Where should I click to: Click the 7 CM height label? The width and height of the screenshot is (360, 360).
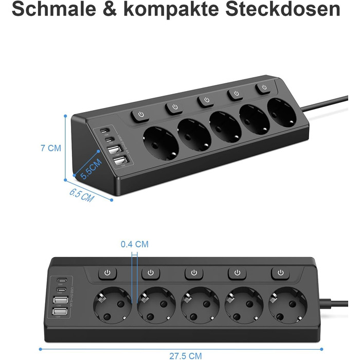point(50,148)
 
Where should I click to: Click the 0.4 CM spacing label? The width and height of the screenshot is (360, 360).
point(134,244)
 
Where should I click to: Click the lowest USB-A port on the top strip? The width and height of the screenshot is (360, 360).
point(119,162)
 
